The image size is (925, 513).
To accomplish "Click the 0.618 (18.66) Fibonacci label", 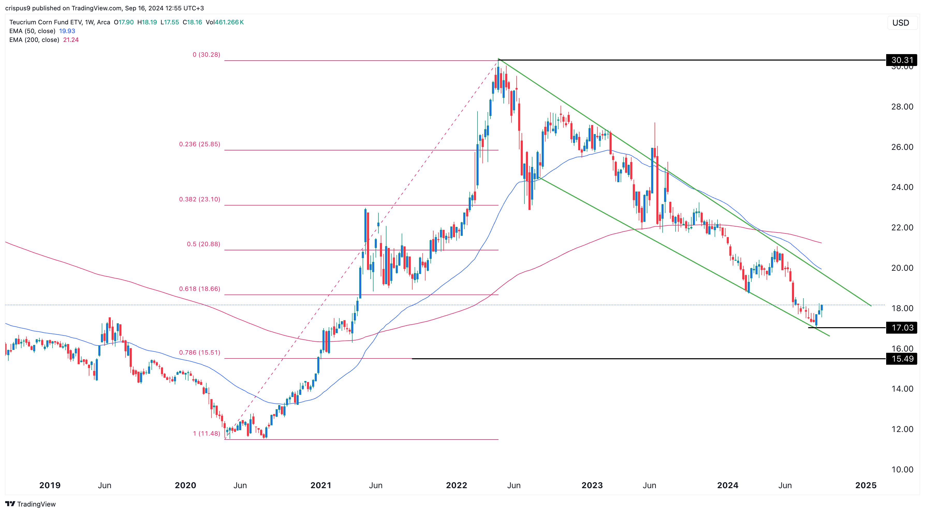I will (199, 289).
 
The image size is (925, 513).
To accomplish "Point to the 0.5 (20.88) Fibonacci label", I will (203, 244).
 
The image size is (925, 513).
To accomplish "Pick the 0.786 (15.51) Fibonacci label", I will (199, 353).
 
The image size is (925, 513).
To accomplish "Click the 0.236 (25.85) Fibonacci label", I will (199, 144).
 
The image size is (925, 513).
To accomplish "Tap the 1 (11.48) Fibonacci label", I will (207, 433).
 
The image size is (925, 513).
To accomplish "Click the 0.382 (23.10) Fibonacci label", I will (199, 199).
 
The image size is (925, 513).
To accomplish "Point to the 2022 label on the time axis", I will (456, 485).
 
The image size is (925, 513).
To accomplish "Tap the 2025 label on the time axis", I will (866, 485).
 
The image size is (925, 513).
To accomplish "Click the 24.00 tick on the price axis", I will (902, 187).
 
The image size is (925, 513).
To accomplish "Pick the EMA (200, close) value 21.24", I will (71, 40).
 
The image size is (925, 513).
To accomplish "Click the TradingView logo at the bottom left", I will (31, 504).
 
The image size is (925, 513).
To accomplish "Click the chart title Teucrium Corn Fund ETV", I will (45, 22).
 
